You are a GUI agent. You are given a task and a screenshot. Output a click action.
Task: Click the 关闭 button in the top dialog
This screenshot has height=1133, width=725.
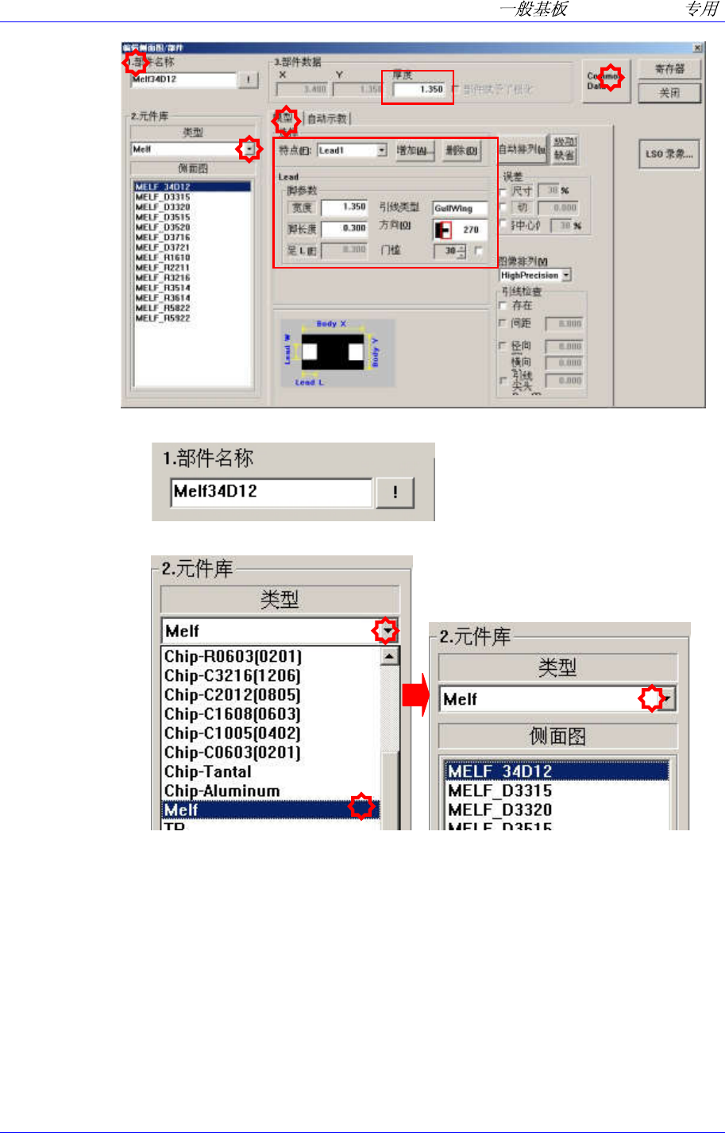point(669,93)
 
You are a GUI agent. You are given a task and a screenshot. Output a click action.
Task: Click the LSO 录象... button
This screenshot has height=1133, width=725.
point(669,154)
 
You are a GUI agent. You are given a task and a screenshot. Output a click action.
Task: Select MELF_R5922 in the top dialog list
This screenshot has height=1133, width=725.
point(163,319)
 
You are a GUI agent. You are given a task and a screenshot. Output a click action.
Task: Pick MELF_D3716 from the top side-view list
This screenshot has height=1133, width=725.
point(163,238)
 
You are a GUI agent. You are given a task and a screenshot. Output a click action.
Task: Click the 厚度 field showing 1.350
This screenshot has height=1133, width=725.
point(419,90)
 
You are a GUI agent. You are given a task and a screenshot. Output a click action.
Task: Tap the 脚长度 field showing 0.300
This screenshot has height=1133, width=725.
point(345,228)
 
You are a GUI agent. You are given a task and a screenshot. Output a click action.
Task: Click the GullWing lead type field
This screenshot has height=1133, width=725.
point(459,208)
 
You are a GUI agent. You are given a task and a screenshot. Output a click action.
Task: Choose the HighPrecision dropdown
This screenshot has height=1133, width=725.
point(534,275)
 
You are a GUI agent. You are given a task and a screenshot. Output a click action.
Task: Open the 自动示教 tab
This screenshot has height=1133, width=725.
point(327,119)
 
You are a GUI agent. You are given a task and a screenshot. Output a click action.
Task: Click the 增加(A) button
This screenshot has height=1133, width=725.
point(415,151)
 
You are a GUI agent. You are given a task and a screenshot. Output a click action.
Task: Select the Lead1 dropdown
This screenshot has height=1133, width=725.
point(351,150)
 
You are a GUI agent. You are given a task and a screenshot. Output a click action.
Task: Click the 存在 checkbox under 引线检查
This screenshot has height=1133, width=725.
point(502,305)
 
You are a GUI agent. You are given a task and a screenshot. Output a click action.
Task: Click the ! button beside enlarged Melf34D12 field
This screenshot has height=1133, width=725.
point(395,493)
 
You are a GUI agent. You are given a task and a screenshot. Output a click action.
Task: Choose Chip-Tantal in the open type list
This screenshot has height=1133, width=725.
point(208,771)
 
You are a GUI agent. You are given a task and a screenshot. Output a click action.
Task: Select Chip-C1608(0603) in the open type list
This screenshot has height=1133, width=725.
point(232,714)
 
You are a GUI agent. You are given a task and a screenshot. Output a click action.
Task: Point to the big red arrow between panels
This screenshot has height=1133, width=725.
point(415,695)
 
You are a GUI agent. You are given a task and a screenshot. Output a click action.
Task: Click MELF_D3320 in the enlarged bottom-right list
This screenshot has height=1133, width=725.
point(499,810)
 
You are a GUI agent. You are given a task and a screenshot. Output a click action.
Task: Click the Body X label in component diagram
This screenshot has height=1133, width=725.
point(331,324)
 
